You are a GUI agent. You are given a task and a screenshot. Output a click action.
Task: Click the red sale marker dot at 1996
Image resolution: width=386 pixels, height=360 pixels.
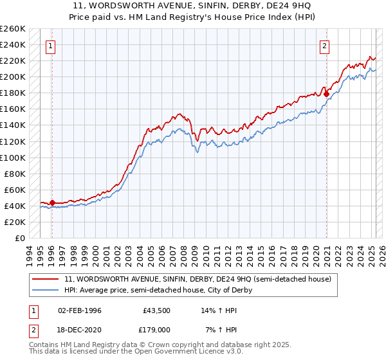(52, 203)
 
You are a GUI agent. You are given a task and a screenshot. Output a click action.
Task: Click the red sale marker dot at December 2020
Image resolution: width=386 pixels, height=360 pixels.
(326, 94)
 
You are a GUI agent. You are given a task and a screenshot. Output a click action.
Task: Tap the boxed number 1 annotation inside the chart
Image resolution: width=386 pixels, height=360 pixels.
(51, 46)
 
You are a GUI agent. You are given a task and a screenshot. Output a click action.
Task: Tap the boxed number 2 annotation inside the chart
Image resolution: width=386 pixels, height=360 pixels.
(325, 46)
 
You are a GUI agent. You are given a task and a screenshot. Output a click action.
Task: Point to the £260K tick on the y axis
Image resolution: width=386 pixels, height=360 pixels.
(13, 29)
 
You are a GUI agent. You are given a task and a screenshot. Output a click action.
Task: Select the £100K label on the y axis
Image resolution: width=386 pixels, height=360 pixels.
(13, 157)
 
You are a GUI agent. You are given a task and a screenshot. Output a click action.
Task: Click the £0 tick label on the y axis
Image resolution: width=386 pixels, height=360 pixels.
(19, 238)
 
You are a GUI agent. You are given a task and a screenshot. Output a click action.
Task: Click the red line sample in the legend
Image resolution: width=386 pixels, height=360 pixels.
(46, 279)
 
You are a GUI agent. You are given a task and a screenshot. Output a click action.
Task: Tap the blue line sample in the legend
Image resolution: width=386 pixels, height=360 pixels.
(46, 290)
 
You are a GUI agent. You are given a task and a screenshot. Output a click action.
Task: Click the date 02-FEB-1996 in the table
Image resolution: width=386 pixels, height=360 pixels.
(78, 310)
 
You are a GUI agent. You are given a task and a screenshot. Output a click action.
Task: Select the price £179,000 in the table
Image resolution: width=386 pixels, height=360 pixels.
(157, 329)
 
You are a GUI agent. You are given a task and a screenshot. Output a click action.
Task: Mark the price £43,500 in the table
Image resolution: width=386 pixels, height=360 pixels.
(157, 310)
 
